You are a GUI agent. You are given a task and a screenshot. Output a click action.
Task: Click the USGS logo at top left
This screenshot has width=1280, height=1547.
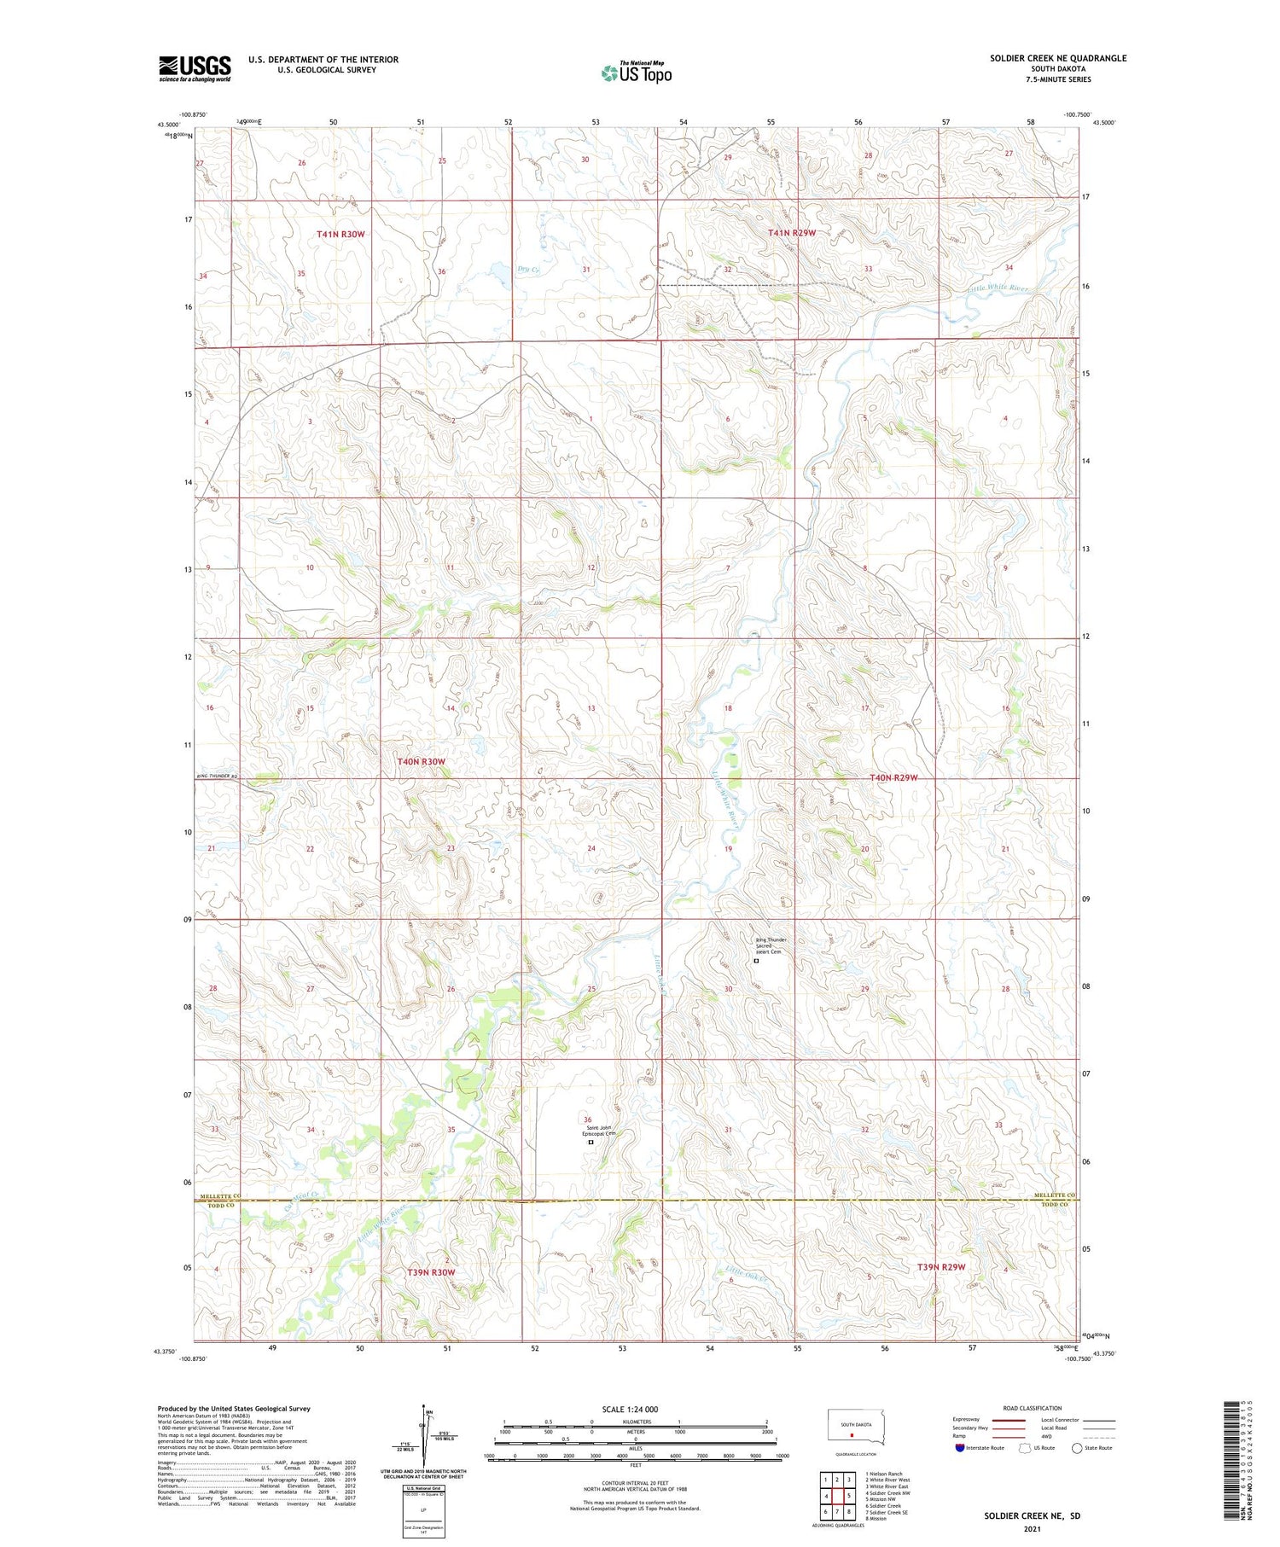coord(195,68)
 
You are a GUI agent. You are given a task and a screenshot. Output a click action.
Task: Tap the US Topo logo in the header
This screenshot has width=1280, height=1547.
coord(636,73)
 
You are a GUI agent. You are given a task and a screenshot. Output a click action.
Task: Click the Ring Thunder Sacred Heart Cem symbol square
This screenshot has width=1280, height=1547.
coord(756,961)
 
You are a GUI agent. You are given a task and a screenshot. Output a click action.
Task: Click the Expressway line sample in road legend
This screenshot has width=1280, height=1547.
coord(1014,1420)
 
